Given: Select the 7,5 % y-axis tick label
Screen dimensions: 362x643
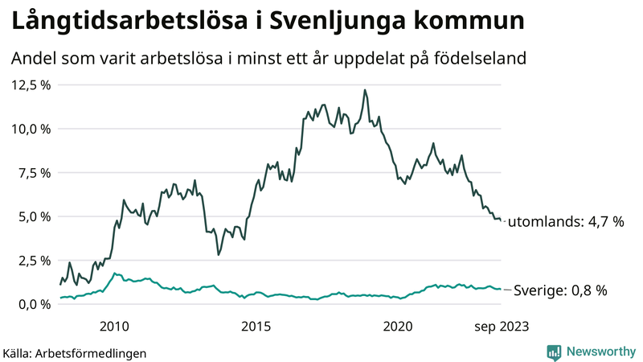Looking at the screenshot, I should [34, 172].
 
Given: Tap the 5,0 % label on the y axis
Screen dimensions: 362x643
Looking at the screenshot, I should [34, 216].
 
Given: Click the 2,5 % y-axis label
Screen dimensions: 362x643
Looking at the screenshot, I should [34, 260].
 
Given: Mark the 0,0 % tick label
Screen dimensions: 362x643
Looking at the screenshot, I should [34, 304].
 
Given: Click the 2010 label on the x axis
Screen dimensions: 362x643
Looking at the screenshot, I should [114, 326].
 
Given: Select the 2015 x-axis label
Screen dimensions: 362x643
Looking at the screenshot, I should [256, 326].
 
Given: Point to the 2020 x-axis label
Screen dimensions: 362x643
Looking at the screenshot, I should [398, 326].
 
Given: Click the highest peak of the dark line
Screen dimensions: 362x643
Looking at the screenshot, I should [365, 90].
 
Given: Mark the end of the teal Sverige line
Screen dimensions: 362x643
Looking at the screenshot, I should [501, 289].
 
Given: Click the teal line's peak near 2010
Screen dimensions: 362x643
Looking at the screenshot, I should [115, 274].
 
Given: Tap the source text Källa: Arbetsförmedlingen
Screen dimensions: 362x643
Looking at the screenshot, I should [75, 352].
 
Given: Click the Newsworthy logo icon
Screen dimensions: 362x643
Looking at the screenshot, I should [554, 352].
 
